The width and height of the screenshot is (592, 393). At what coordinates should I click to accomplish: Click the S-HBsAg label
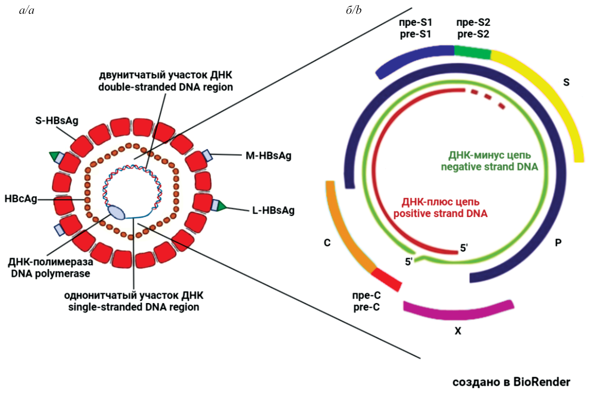[57, 121]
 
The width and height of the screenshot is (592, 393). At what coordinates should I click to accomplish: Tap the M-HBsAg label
[268, 156]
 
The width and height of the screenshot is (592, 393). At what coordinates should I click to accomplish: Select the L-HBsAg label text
[273, 210]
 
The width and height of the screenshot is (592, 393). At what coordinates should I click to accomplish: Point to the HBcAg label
[21, 199]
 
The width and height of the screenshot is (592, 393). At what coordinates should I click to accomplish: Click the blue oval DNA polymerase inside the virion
[116, 212]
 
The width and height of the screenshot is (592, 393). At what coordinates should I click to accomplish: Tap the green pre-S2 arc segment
[473, 52]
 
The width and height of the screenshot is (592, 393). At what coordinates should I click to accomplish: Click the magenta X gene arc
[459, 311]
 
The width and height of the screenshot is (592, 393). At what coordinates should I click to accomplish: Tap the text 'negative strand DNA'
[489, 167]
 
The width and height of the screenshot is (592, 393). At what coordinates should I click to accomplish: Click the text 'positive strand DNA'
[440, 214]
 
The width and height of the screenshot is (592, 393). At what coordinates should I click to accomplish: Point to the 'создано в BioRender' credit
[511, 382]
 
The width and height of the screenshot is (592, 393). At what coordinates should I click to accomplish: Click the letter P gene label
[558, 242]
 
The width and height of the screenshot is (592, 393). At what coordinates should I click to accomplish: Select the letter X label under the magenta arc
[458, 331]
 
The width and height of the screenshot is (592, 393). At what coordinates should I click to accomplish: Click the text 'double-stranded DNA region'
[165, 87]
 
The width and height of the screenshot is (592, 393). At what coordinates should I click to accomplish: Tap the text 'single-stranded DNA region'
[133, 307]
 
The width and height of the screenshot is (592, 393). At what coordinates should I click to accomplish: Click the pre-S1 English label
[415, 34]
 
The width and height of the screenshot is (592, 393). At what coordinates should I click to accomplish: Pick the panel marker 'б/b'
[354, 10]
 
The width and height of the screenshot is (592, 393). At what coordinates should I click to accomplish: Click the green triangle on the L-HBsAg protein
[222, 206]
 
